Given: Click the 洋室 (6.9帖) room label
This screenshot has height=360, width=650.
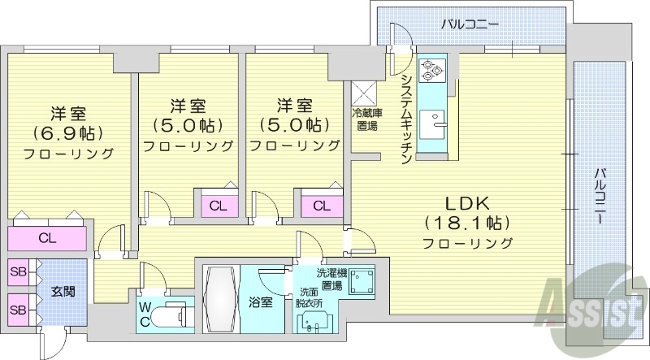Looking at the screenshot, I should click(x=68, y=130).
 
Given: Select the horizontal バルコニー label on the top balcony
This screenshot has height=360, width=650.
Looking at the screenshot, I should click(x=469, y=24).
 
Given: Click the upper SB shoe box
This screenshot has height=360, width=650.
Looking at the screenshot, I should click(x=18, y=272).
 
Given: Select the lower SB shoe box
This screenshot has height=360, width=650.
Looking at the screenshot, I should click(x=18, y=310).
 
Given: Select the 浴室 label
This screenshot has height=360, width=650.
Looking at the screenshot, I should click(x=260, y=301).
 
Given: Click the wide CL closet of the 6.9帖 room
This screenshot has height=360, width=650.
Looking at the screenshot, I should click(x=48, y=238).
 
